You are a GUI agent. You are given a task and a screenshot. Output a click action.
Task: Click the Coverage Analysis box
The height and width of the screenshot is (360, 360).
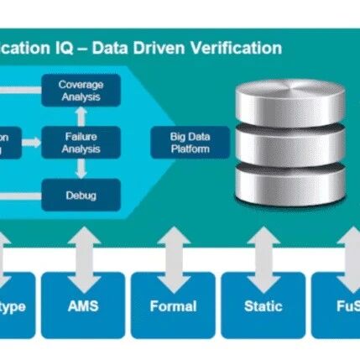(x=81, y=91)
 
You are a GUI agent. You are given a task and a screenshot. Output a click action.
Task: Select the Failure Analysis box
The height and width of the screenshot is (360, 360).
(x=81, y=143)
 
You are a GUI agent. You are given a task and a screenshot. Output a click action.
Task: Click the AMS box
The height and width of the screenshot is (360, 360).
(x=81, y=305)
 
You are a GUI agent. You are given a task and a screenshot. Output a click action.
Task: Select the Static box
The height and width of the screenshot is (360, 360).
(x=262, y=305)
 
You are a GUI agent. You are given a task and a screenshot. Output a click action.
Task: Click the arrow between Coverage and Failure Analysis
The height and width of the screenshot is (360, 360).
(x=81, y=117)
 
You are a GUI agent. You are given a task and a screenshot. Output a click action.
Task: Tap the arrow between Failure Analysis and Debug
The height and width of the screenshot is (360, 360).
(x=81, y=169)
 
